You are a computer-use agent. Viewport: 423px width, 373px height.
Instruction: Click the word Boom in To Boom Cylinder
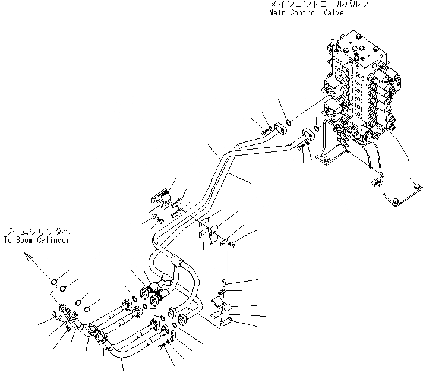point(29,240)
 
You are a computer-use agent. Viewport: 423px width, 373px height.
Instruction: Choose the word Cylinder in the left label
point(56,240)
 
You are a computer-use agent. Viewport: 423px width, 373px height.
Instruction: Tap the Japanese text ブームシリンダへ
point(29,232)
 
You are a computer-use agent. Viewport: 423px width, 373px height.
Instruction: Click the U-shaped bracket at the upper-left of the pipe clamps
point(160,198)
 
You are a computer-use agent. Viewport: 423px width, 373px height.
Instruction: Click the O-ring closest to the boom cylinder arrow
point(53,282)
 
